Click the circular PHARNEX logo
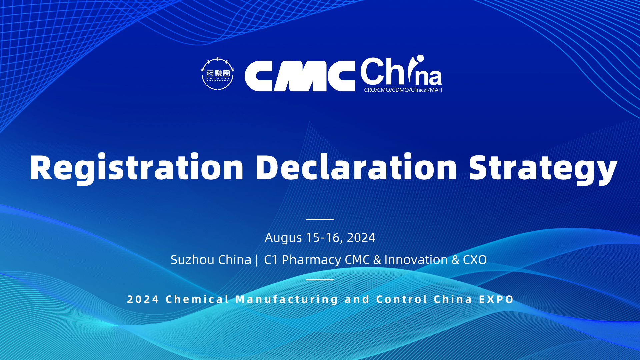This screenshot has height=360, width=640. pyautogui.click(x=218, y=74)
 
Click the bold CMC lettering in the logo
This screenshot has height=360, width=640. pyautogui.click(x=300, y=76)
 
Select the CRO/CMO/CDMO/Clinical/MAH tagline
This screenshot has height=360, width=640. pyautogui.click(x=403, y=90)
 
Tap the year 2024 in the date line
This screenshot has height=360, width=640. pyautogui.click(x=361, y=238)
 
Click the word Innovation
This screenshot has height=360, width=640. pyautogui.click(x=416, y=260)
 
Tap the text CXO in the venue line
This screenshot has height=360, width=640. pyautogui.click(x=475, y=260)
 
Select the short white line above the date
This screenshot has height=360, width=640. pyautogui.click(x=320, y=219)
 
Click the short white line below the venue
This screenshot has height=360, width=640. pyautogui.click(x=320, y=279)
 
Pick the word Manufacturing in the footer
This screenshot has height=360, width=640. pyautogui.click(x=287, y=299)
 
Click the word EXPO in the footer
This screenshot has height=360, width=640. pyautogui.click(x=496, y=299)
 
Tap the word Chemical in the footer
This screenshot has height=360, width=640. pyautogui.click(x=197, y=299)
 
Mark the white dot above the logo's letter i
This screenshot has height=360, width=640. pyautogui.click(x=420, y=58)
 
